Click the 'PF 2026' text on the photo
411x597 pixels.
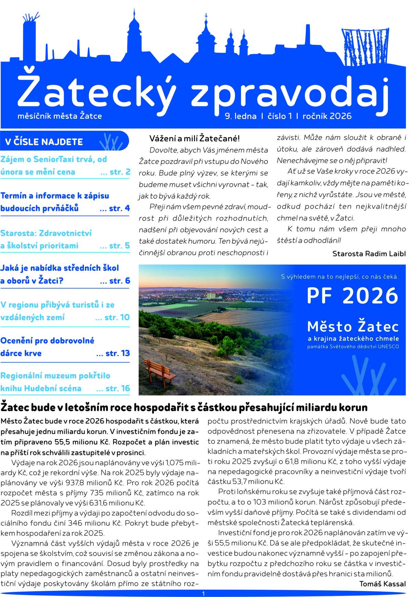[x=352, y=296]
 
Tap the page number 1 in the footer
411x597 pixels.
[x=203, y=594]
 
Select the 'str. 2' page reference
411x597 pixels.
[x=120, y=172]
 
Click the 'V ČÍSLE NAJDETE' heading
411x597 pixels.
[x=44, y=142]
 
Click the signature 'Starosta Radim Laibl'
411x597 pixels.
[x=369, y=254]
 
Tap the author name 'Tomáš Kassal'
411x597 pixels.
[x=382, y=584]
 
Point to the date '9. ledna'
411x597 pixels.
[x=240, y=116]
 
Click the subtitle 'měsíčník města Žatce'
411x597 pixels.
[x=60, y=116]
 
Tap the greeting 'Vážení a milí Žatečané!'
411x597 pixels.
[x=195, y=139]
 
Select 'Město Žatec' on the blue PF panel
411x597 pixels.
[x=353, y=327]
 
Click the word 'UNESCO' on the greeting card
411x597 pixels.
[x=388, y=347]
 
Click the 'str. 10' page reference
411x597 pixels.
[x=117, y=318]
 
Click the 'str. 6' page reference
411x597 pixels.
[x=120, y=281]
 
